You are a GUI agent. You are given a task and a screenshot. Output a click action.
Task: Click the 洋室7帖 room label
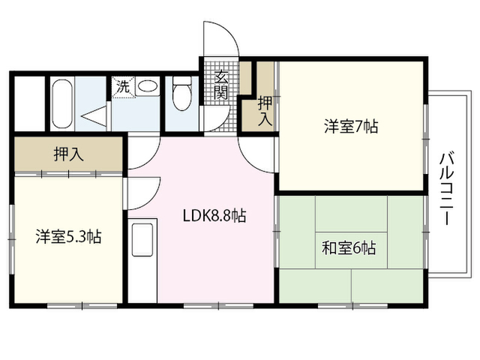click(351, 126)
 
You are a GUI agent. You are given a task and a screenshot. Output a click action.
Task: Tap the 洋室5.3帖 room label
click(68, 236)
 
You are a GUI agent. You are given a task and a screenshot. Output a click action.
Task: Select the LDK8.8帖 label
click(214, 216)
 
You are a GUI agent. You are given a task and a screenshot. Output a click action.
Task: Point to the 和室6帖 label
click(349, 248)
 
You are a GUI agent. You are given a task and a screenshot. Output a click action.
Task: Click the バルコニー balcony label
click(447, 188)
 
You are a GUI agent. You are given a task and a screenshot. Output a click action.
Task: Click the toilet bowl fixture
click(181, 97)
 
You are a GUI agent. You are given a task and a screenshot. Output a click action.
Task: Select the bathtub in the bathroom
click(62, 104)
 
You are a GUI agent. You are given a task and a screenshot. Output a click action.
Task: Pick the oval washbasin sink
click(148, 86)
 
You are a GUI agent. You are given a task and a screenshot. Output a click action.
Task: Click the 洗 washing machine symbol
click(124, 87)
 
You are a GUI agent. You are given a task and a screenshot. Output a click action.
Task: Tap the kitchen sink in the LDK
click(142, 240)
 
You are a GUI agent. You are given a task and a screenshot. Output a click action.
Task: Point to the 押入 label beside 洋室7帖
click(265, 110)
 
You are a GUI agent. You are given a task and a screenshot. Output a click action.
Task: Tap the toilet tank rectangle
click(181, 80)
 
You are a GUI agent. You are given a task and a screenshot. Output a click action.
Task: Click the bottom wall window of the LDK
click(218, 305)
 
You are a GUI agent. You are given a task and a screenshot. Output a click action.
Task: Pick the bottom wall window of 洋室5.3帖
click(82, 305)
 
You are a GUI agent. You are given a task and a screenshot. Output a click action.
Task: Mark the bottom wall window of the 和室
click(352, 305)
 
